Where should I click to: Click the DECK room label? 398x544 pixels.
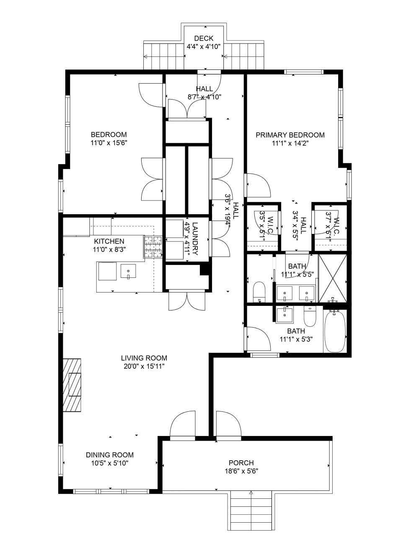(x=204, y=38)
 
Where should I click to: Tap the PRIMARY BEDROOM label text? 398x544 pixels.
(x=290, y=135)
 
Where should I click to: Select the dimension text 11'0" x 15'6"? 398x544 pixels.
(x=109, y=143)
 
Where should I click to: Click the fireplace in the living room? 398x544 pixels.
(x=72, y=385)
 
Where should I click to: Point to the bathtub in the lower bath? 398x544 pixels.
(x=335, y=331)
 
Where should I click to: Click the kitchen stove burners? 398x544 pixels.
(x=153, y=247)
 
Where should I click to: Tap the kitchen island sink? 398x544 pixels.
(x=128, y=271)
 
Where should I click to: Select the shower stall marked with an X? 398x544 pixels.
(x=332, y=278)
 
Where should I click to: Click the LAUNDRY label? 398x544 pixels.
(x=195, y=239)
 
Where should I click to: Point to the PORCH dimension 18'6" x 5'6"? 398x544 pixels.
(x=241, y=471)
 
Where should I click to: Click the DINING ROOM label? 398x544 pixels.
(x=110, y=455)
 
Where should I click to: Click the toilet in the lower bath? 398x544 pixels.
(x=310, y=316)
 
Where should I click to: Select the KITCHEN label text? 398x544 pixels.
(x=109, y=241)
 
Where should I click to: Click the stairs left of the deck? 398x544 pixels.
(x=164, y=56)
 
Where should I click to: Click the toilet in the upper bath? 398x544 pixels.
(x=258, y=292)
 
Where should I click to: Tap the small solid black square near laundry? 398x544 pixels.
(x=204, y=270)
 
